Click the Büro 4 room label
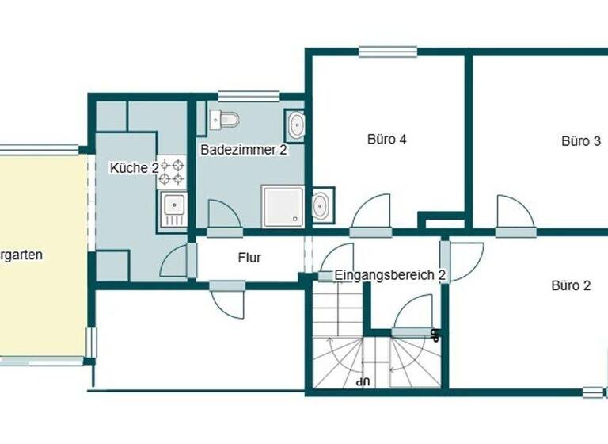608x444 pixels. coord(387,140)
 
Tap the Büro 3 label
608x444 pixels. coord(580,141)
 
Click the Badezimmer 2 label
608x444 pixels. coord(243,150)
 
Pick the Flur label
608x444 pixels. coord(249,257)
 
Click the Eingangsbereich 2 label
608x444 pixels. coord(390,275)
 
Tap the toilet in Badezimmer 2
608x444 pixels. coord(224,120)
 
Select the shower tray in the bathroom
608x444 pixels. coord(283,206)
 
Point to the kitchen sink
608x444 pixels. coord(173,208)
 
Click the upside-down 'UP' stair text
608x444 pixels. coord(363,381)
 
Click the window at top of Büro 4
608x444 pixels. coord(388,52)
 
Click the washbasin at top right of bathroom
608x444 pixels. coord(296,125)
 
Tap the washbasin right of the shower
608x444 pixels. coord(322,205)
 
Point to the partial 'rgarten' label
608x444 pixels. coord(21,255)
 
